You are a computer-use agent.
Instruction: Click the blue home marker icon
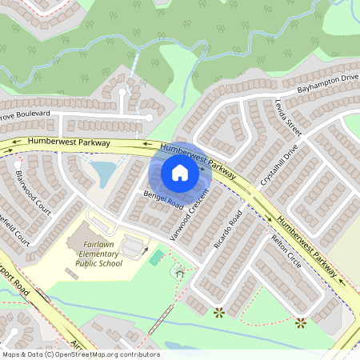point(180,173)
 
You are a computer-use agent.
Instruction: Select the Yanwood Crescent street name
point(190,216)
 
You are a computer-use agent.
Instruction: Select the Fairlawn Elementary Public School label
point(99,254)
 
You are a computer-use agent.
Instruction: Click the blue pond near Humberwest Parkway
point(102,170)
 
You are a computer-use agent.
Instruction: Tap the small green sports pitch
point(157,258)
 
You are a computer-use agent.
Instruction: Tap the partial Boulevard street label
point(24,115)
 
